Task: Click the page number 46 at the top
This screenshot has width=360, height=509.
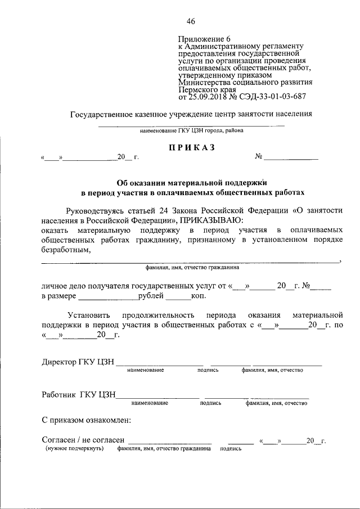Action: (191, 21)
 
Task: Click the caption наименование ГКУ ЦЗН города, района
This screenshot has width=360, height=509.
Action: (191, 131)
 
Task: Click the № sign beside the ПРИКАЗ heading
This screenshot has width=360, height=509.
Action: (259, 157)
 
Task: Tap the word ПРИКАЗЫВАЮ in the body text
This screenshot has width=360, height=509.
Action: (212, 220)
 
